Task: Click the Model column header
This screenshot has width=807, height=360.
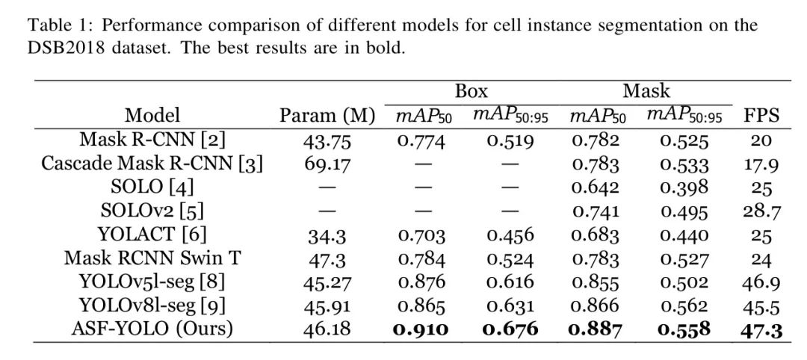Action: (152, 116)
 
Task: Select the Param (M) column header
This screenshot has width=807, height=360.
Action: (327, 117)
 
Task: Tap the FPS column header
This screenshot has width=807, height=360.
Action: (761, 116)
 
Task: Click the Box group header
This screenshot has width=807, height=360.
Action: (471, 92)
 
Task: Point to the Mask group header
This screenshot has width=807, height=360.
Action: (646, 92)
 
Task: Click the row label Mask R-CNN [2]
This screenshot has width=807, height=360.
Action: (152, 139)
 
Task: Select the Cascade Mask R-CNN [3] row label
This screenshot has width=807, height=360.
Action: (152, 163)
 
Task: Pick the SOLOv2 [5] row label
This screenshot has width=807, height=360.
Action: (152, 211)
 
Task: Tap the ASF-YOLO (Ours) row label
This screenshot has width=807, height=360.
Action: (152, 328)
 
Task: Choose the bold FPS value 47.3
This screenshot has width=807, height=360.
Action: (761, 329)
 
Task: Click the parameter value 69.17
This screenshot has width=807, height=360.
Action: (327, 164)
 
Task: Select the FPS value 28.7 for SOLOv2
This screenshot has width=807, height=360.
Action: (761, 211)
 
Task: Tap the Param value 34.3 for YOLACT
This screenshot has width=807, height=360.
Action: (327, 235)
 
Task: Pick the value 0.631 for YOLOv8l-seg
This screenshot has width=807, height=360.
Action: (510, 305)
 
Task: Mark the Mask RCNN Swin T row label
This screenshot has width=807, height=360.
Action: (152, 258)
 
